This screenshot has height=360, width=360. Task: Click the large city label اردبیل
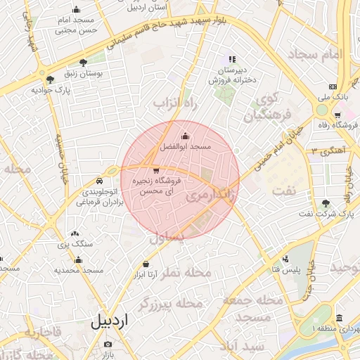[110, 321]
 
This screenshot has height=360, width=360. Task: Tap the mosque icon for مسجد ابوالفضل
[185, 136]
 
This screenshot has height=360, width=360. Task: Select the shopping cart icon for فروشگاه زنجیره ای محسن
[155, 171]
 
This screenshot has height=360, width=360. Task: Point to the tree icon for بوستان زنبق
[84, 63]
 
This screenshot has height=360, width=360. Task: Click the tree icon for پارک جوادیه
[50, 79]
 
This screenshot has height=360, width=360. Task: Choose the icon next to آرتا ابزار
[146, 264]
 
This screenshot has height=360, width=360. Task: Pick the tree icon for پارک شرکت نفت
[326, 204]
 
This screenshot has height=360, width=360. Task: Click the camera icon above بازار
[108, 345]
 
